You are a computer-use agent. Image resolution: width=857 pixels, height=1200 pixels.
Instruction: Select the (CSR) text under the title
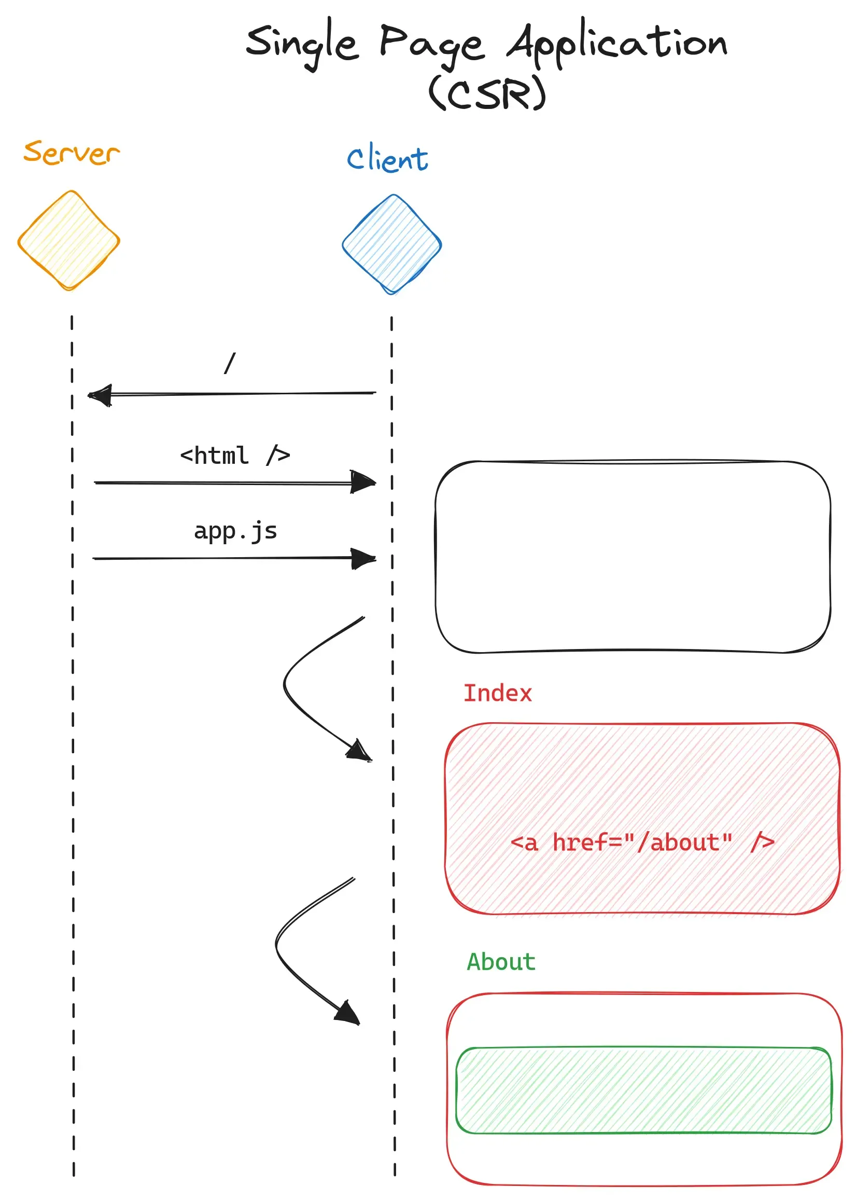(486, 93)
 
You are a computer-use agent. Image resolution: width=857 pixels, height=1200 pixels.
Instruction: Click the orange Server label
(71, 153)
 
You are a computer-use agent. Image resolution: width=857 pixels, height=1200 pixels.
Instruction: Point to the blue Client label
(387, 158)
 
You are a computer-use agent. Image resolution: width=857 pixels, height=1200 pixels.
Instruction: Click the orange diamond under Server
(69, 241)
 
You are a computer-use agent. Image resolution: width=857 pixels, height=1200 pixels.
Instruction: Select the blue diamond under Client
(391, 244)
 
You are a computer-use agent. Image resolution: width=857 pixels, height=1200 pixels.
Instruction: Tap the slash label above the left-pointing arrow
(230, 363)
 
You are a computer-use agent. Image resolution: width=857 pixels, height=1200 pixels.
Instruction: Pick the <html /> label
(235, 456)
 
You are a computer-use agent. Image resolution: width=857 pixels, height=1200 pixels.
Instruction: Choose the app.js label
(235, 531)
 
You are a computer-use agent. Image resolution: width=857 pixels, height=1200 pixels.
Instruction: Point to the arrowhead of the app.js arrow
(364, 559)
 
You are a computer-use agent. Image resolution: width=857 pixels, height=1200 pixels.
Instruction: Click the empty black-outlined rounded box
(632, 557)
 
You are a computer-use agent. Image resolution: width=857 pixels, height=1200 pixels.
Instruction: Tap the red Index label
(497, 693)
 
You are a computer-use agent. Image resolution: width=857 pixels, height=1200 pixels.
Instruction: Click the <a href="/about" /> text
(642, 843)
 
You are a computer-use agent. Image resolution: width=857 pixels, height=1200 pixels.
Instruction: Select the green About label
(501, 962)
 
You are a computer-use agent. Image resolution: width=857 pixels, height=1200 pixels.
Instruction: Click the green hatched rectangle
(643, 1090)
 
